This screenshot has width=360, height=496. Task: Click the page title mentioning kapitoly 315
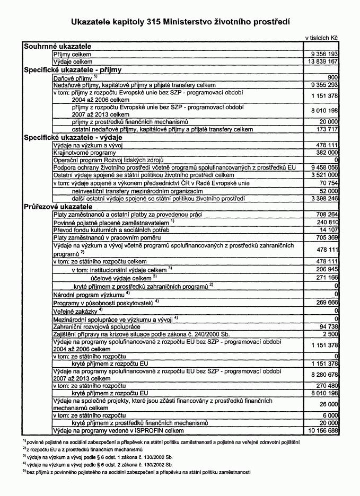point(180,22)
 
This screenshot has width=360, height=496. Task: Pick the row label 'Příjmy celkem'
point(73,54)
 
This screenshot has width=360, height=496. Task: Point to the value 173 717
point(326,129)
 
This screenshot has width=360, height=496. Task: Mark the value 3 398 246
point(322,198)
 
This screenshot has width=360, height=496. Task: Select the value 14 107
point(327,230)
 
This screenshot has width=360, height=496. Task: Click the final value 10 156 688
point(320,431)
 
